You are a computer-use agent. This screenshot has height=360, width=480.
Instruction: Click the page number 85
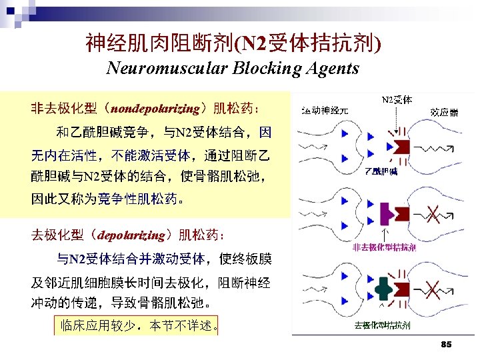click(x=446, y=344)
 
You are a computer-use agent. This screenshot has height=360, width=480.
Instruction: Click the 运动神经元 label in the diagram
click(x=325, y=111)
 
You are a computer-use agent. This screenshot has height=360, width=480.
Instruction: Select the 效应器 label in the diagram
click(x=445, y=112)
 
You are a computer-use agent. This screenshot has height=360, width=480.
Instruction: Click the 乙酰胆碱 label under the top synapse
click(x=381, y=172)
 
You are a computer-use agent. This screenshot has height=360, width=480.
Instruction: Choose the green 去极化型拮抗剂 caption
click(x=382, y=325)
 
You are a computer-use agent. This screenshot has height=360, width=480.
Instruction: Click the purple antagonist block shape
click(x=385, y=213)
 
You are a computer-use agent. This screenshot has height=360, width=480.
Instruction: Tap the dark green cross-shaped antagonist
click(x=383, y=288)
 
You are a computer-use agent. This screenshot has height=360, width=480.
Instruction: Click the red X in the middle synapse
click(x=433, y=215)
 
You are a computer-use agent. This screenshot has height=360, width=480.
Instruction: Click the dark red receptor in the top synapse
click(x=403, y=147)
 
